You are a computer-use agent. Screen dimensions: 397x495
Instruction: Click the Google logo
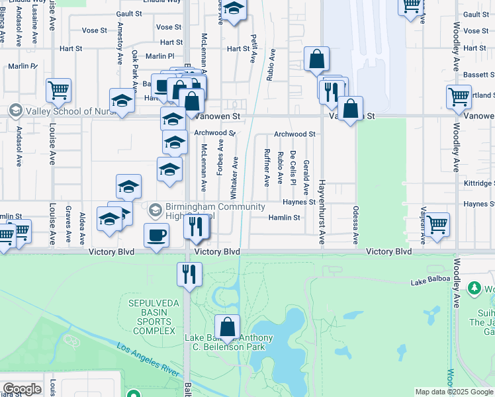[22, 389]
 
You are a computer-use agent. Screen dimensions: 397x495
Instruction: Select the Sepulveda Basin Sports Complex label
[151, 317]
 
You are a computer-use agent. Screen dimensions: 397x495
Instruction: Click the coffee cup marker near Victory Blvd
[157, 236]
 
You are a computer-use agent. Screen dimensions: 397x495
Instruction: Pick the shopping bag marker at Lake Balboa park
[228, 327]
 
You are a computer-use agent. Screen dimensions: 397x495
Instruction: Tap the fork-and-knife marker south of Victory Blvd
[190, 273]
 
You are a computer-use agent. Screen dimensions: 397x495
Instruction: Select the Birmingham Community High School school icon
[156, 210]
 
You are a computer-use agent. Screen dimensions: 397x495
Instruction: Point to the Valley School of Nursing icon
[15, 110]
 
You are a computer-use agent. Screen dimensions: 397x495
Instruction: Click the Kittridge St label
[478, 183]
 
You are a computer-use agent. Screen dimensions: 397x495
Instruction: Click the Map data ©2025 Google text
[454, 392]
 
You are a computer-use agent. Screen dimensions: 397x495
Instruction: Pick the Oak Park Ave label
[135, 66]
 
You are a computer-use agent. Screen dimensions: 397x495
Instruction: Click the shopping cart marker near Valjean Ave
[437, 224]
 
